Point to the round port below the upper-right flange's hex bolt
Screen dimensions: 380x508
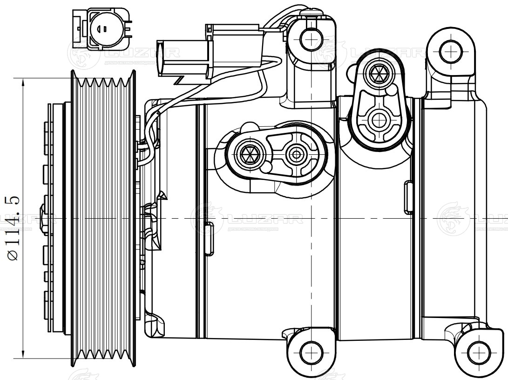point(378,120)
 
